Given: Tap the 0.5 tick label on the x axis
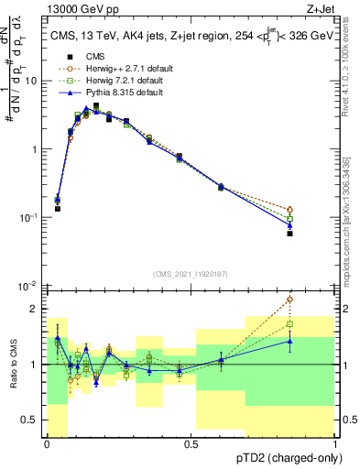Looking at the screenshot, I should tap(191, 443).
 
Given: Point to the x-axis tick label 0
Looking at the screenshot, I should tap(47, 443).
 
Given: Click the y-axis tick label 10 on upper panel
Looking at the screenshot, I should tap(33, 81).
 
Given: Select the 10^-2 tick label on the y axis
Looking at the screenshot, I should tap(31, 286).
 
